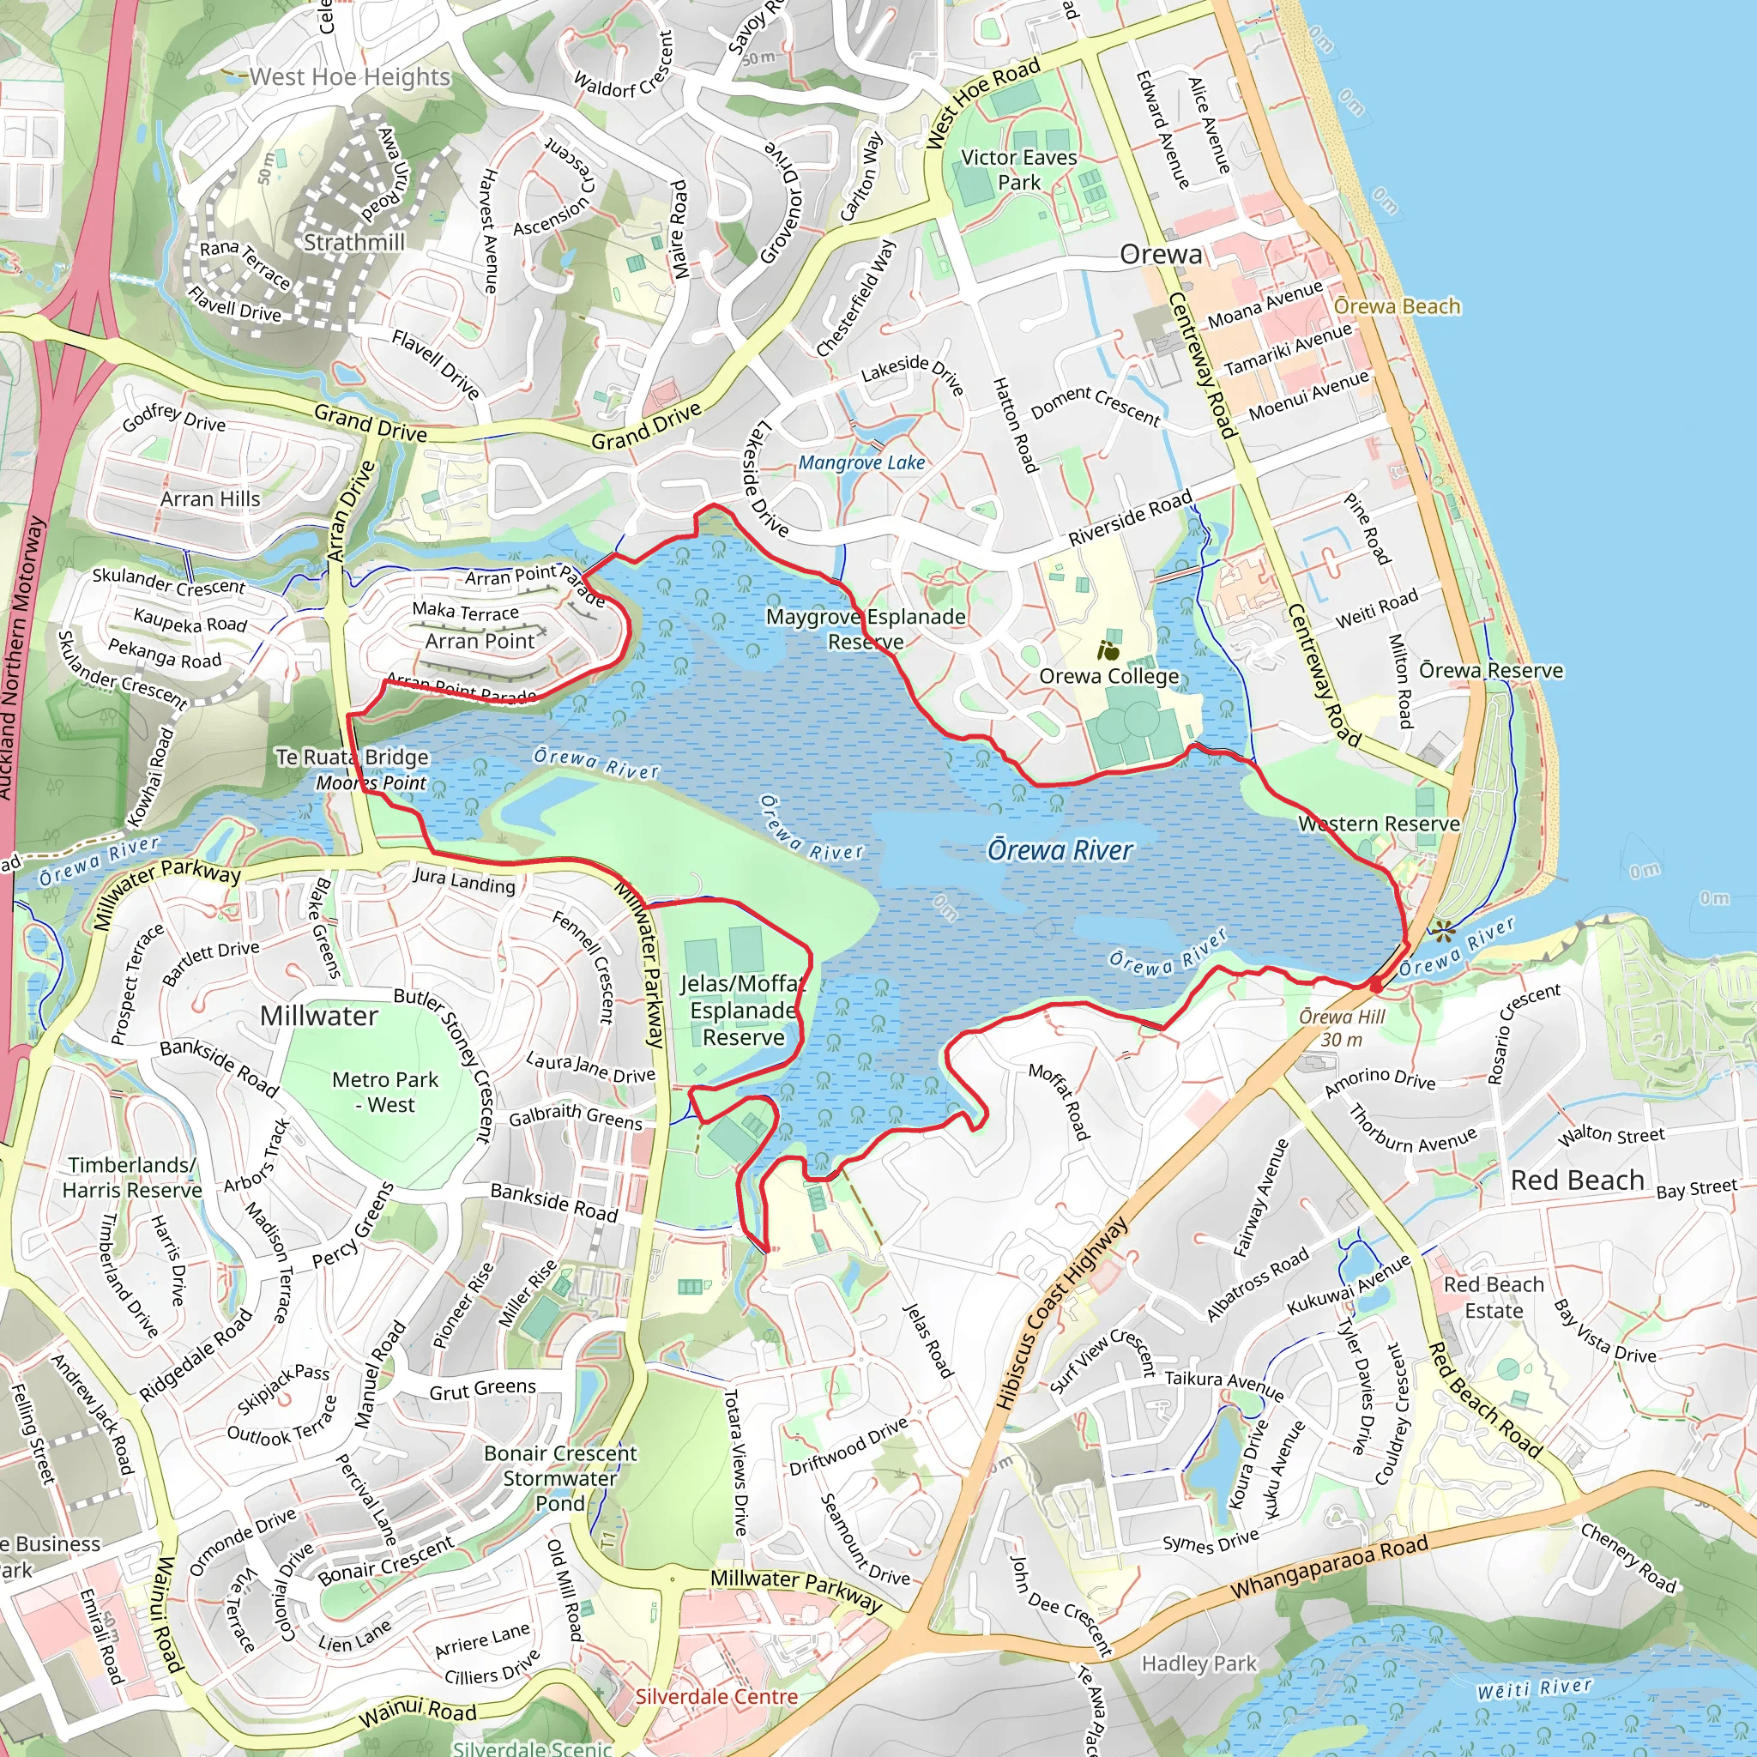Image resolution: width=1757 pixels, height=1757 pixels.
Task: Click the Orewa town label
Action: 1161,254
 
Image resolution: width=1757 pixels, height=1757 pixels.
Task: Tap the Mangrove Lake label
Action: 860,462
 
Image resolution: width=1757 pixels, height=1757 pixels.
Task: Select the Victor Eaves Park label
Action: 1017,169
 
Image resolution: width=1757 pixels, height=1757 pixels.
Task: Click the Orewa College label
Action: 1108,676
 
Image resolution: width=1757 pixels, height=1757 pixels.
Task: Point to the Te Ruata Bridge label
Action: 352,757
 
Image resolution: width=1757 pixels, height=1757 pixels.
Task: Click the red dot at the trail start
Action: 1375,986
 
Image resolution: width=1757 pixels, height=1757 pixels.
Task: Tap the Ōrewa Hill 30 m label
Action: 1342,1028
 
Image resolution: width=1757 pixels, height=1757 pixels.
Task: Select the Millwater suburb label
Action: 318,1016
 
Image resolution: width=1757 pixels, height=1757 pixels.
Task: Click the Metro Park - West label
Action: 384,1091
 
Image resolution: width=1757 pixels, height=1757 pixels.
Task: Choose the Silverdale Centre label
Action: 715,1696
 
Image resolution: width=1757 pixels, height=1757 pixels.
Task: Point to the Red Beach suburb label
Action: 1577,1180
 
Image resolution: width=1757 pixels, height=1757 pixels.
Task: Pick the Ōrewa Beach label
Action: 1396,305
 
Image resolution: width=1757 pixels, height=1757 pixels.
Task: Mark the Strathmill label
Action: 353,242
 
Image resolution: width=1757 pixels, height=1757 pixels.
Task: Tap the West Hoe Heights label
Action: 350,76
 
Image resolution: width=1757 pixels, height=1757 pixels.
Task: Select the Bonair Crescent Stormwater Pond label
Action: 559,1478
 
